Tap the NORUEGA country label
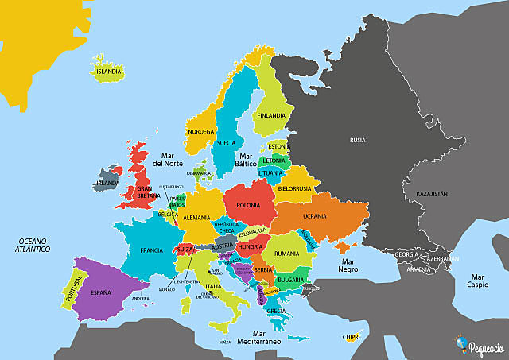pyautogui.click(x=200, y=131)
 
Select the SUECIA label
pyautogui.click(x=225, y=144)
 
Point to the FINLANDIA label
pyautogui.click(x=270, y=115)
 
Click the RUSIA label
pyautogui.click(x=358, y=140)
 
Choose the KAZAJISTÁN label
pyautogui.click(x=426, y=193)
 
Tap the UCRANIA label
pyautogui.click(x=315, y=216)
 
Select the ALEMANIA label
pyautogui.click(x=196, y=217)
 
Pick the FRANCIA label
pyautogui.click(x=151, y=250)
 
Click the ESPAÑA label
pyautogui.click(x=100, y=292)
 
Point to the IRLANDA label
pyautogui.click(x=107, y=183)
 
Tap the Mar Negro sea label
pyautogui.click(x=347, y=265)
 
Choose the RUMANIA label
pyautogui.click(x=286, y=254)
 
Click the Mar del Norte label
pyautogui.click(x=168, y=160)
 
